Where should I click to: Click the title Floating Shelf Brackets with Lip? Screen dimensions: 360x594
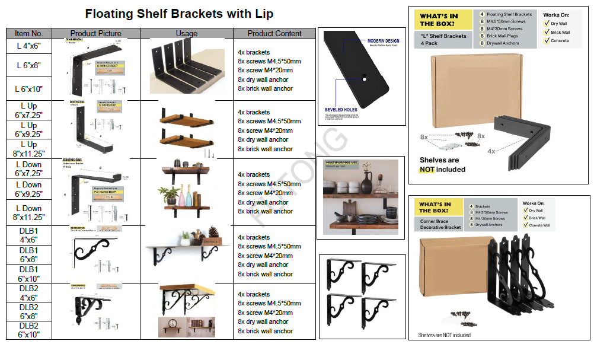(x=179, y=14)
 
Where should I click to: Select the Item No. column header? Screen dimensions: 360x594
(x=28, y=33)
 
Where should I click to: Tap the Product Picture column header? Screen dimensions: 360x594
(x=95, y=33)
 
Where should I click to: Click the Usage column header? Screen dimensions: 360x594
(x=187, y=33)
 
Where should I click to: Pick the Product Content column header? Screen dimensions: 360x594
(x=274, y=33)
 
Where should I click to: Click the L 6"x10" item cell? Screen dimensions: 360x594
(x=28, y=89)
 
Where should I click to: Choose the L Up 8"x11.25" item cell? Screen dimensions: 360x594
(x=28, y=148)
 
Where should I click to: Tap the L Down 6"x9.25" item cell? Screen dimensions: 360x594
(x=28, y=189)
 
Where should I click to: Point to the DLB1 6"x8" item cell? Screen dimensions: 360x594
(x=28, y=254)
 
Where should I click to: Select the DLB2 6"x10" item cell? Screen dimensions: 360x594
(x=28, y=330)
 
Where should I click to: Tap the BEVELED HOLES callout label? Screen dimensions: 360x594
(x=341, y=110)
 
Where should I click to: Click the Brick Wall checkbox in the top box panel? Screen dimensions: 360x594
(x=546, y=33)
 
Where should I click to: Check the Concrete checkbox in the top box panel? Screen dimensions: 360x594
(x=546, y=41)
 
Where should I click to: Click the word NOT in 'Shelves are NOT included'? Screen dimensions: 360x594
(x=427, y=170)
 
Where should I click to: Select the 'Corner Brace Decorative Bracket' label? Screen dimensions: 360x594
(x=440, y=224)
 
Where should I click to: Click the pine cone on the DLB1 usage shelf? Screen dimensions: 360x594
(x=212, y=232)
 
